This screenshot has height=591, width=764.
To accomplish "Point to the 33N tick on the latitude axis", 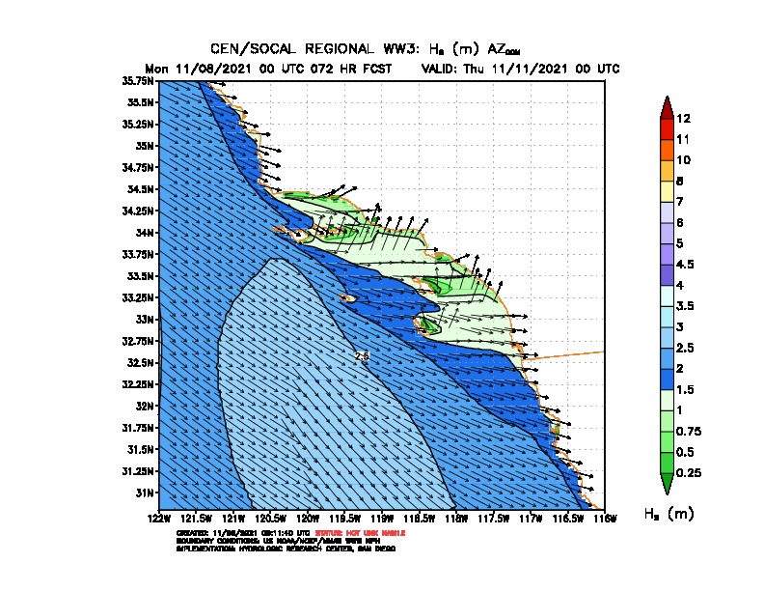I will pyautogui.click(x=144, y=319).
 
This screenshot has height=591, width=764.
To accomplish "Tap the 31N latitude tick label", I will pyautogui.click(x=144, y=492).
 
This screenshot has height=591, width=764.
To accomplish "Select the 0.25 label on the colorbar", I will pyautogui.click(x=688, y=473).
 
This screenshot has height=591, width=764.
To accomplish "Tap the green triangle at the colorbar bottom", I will pyautogui.click(x=666, y=483).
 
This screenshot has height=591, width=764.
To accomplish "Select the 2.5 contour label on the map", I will pyautogui.click(x=362, y=356).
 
